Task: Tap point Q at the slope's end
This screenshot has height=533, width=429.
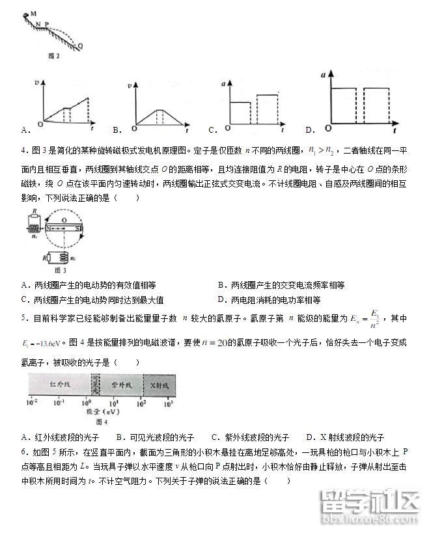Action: pos(80,46)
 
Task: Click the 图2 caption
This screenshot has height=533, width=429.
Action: pos(54,57)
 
